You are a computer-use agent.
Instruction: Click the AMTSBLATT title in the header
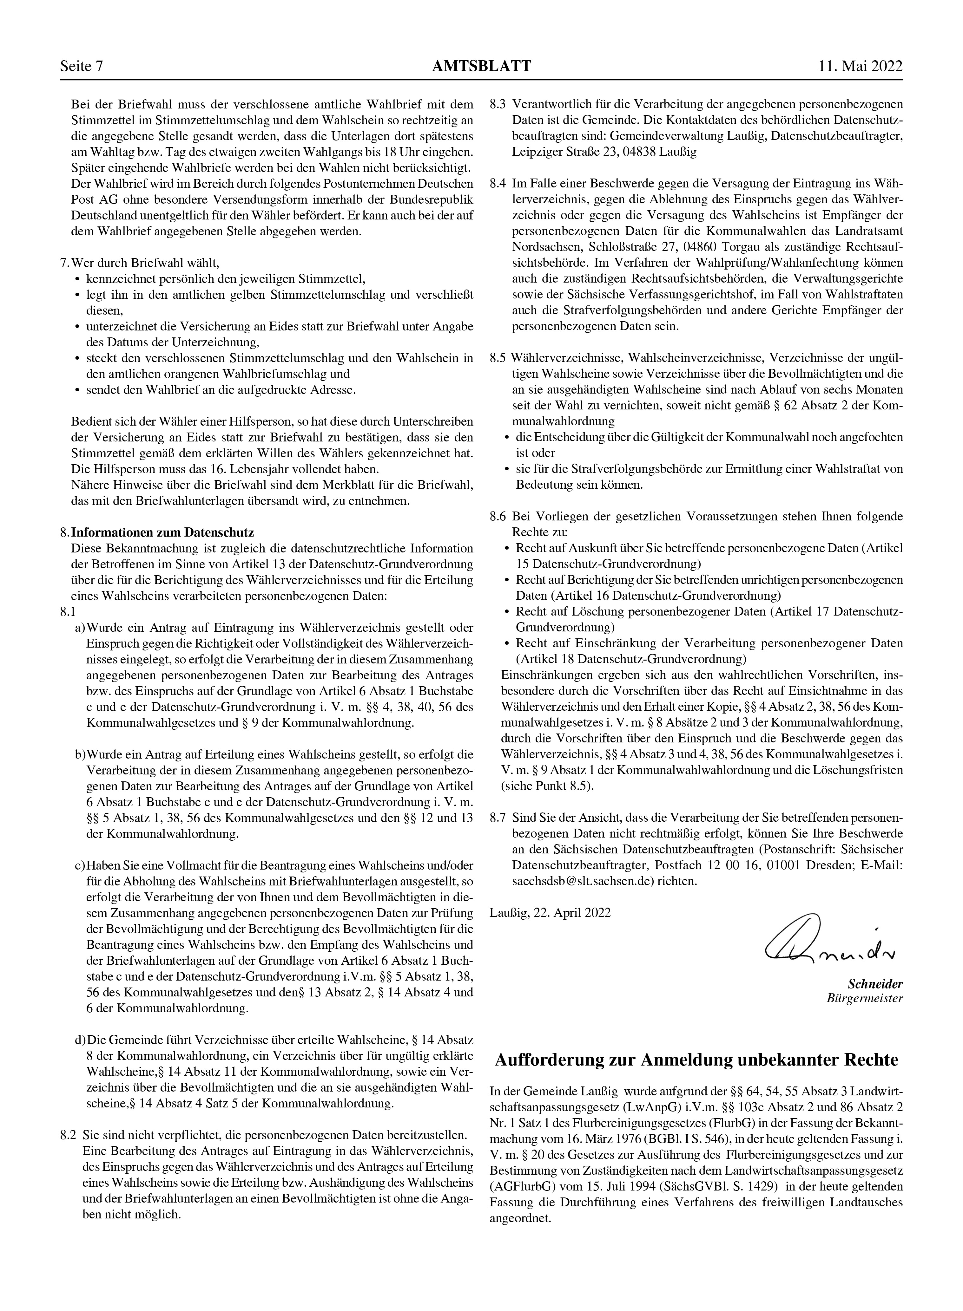pyautogui.click(x=482, y=66)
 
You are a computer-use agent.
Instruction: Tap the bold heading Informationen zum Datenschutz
pyautogui.click(x=163, y=532)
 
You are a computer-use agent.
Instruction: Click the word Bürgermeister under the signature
pyautogui.click(x=865, y=998)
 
